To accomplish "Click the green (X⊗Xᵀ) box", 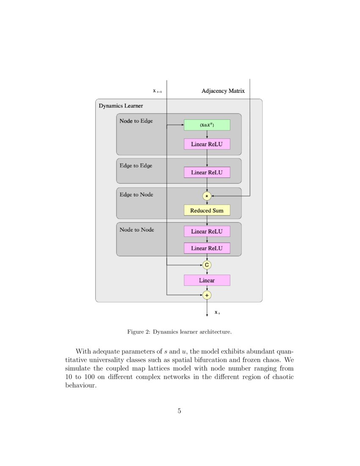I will pos(207,125).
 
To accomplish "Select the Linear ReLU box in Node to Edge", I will pos(207,144).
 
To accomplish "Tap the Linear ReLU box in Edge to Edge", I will pos(207,172).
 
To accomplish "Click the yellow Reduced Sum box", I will pos(207,210).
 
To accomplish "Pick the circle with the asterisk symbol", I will pos(207,196).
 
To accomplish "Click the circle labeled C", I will pos(207,265).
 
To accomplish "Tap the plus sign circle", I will pos(207,295).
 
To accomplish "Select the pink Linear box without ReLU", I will pos(207,280).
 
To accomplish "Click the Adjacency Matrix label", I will pos(223,91).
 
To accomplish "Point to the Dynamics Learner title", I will pos(121,106).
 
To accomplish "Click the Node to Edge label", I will pos(136,121).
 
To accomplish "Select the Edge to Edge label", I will pos(136,166).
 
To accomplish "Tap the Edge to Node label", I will pos(136,195).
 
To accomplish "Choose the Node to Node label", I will pos(136,230).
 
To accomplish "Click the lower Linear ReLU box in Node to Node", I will pos(207,248).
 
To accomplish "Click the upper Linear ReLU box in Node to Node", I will pos(207,231).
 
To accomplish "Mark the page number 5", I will pos(180,411).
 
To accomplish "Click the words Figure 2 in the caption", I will pos(138,332).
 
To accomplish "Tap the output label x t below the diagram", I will pos(217,313).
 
